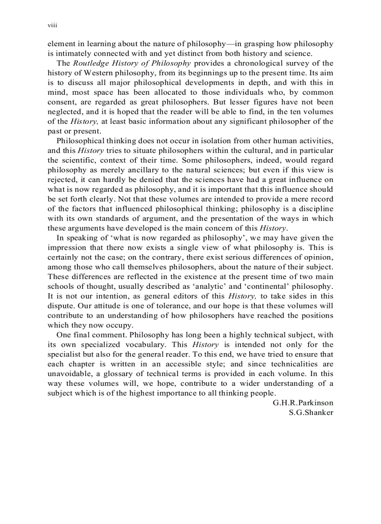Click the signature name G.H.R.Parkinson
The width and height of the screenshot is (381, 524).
coord(303,403)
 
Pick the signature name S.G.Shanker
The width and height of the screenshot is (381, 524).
coord(311,412)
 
